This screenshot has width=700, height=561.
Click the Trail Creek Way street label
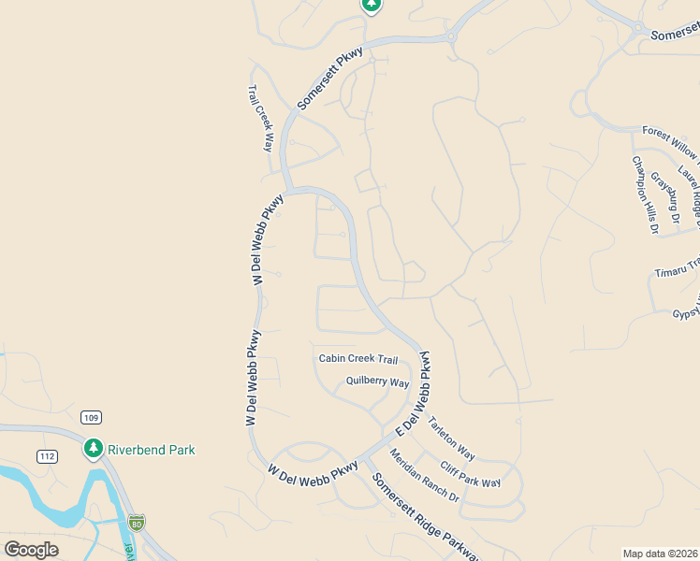[260, 119]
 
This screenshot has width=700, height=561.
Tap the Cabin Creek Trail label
[358, 358]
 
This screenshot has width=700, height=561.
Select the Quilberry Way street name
[378, 382]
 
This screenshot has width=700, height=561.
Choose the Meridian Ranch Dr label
[424, 475]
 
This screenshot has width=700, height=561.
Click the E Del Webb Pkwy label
[414, 393]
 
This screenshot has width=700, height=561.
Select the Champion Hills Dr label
[645, 194]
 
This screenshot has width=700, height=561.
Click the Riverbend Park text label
[152, 450]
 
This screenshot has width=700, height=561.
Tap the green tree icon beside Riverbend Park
[93, 449]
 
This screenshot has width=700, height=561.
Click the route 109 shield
[91, 418]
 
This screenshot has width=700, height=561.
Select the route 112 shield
[49, 456]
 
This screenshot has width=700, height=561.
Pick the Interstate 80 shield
[138, 523]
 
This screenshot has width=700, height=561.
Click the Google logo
[31, 549]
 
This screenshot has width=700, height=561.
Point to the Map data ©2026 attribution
[660, 554]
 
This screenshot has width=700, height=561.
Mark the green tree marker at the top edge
[372, 5]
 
